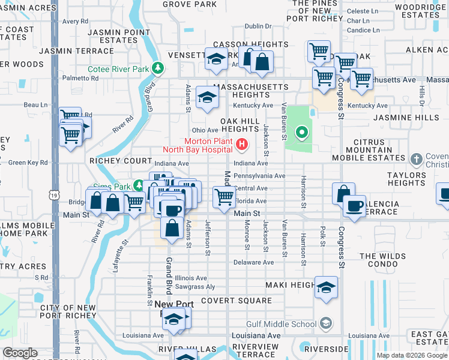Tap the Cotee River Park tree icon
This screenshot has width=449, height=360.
tap(158, 69)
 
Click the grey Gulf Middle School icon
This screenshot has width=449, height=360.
tap(325, 325)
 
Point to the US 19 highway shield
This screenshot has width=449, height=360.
tap(55, 195)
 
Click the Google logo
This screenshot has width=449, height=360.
tap(20, 353)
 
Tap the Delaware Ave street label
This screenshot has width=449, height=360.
tap(253, 263)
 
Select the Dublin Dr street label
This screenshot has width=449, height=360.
tap(258, 26)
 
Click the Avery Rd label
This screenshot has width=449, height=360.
tap(75, 21)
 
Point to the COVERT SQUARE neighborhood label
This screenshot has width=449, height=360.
tap(237, 300)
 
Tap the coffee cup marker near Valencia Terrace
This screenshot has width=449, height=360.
tap(354, 206)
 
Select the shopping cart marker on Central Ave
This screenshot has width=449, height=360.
tap(224, 196)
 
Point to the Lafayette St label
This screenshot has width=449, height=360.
tap(125, 256)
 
